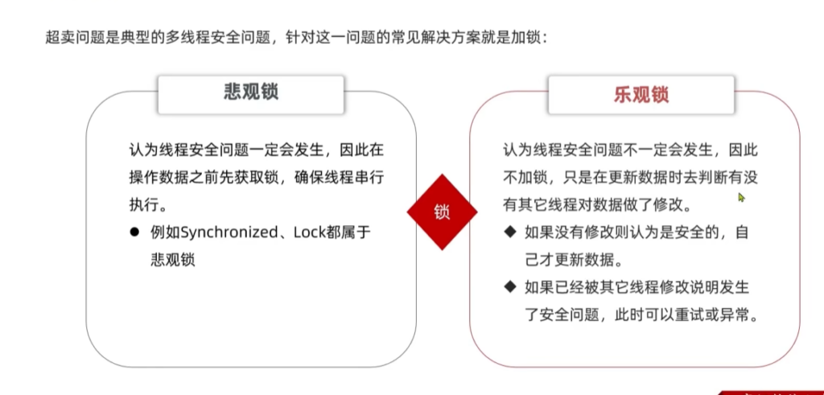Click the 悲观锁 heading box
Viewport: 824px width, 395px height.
[x=251, y=93]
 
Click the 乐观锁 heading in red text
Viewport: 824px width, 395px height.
[x=641, y=94]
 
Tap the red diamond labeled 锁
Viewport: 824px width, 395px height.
[x=442, y=212]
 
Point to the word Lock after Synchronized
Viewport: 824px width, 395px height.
[x=309, y=232]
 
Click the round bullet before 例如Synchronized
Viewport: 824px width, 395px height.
[x=134, y=232]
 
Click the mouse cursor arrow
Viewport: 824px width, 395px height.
[x=741, y=197]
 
